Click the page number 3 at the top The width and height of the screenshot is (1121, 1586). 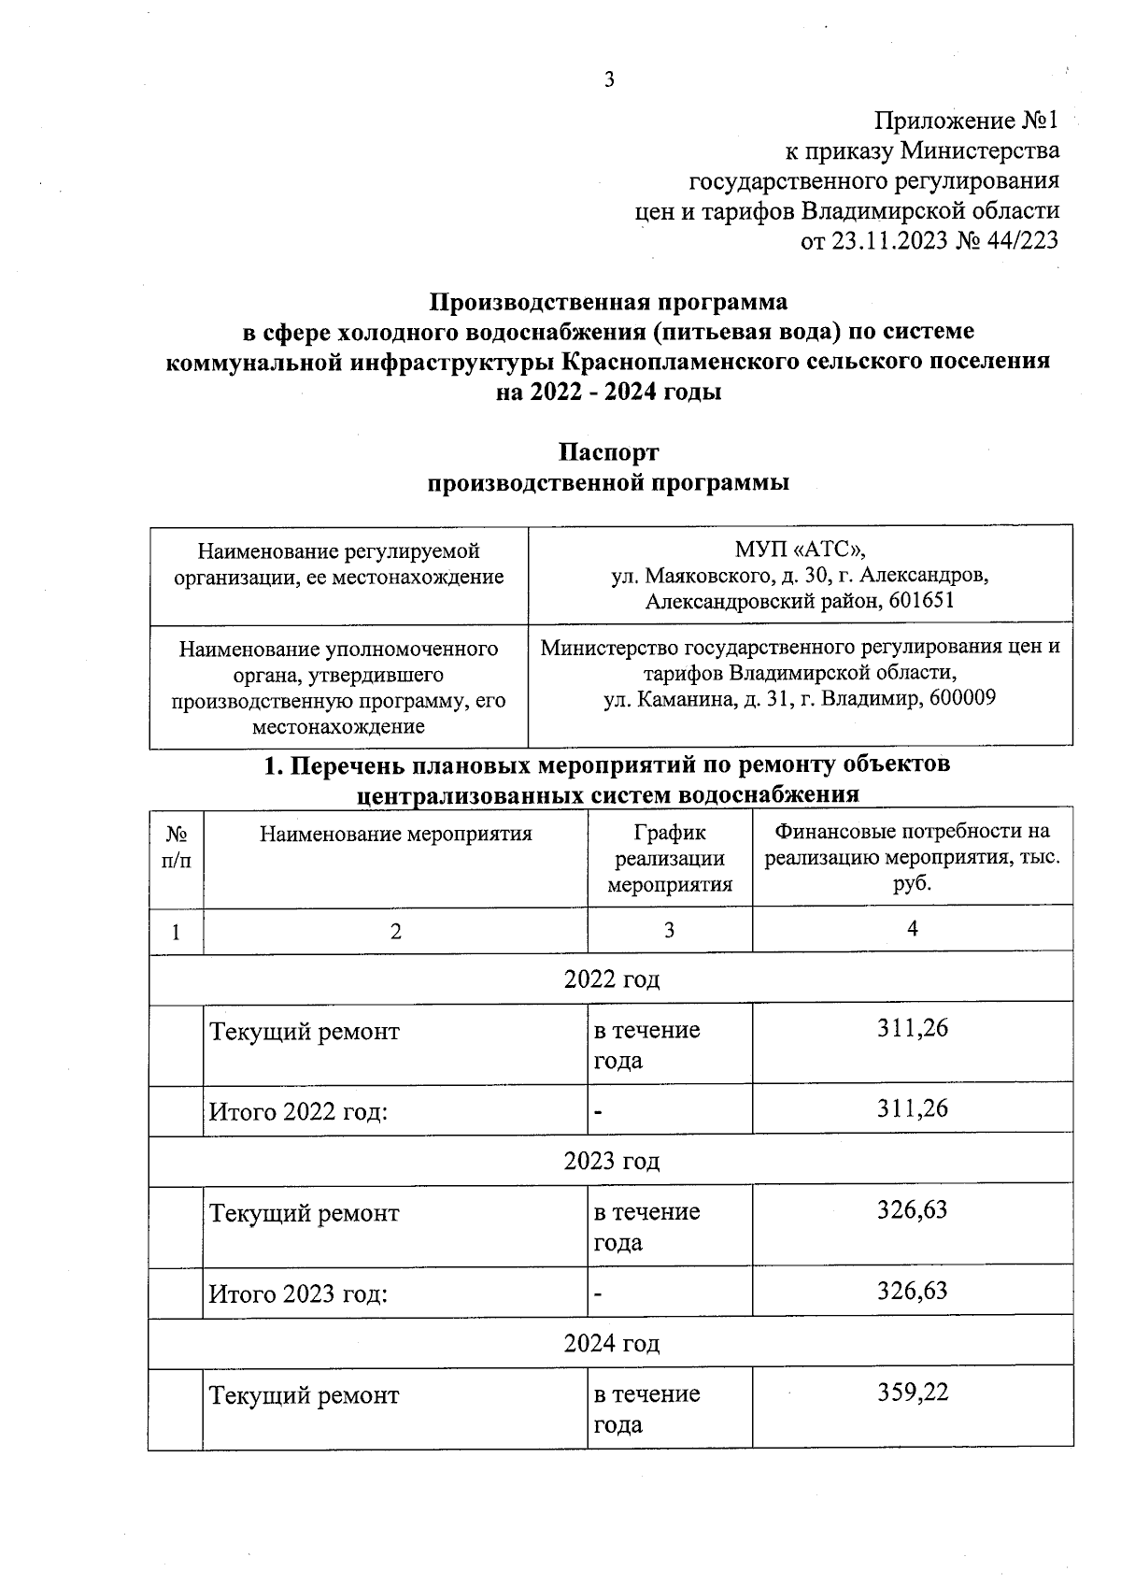pos(609,80)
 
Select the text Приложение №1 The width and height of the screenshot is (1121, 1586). pos(966,121)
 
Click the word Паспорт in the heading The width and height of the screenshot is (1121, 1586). pos(608,452)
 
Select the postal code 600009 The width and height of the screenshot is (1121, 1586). pos(963,697)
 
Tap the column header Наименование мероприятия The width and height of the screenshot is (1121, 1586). pos(395,834)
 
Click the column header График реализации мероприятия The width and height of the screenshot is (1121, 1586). pos(669,858)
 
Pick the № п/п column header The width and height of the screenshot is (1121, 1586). pos(176,847)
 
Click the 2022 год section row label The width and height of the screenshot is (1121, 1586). pos(611,979)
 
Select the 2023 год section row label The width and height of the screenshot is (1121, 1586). pos(611,1161)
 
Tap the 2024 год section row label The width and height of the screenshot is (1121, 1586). pos(611,1343)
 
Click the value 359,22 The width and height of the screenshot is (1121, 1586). pos(912,1393)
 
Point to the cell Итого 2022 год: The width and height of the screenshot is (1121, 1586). pos(298,1111)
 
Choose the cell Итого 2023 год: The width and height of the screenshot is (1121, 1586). pos(298,1293)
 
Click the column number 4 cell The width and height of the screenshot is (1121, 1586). pos(912,928)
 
